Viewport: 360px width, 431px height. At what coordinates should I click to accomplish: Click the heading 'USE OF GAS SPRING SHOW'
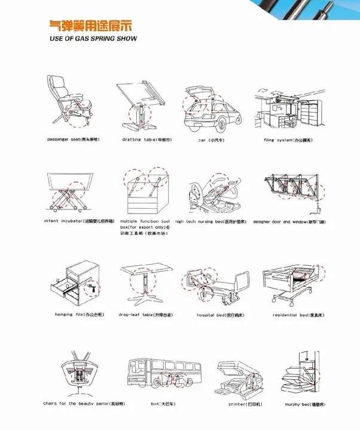tap(93, 38)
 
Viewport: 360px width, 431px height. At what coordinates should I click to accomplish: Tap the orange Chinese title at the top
tap(90, 26)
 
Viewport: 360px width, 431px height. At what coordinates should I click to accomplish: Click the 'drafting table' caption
tap(147, 139)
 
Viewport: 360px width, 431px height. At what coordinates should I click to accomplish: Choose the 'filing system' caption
tap(288, 139)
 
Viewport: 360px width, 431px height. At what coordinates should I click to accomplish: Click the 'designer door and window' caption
tap(289, 221)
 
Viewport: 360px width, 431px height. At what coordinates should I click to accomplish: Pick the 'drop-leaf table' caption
tap(147, 314)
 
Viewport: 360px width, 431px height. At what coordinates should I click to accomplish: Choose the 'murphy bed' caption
tap(304, 404)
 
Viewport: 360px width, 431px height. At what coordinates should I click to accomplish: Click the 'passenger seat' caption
tap(73, 139)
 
